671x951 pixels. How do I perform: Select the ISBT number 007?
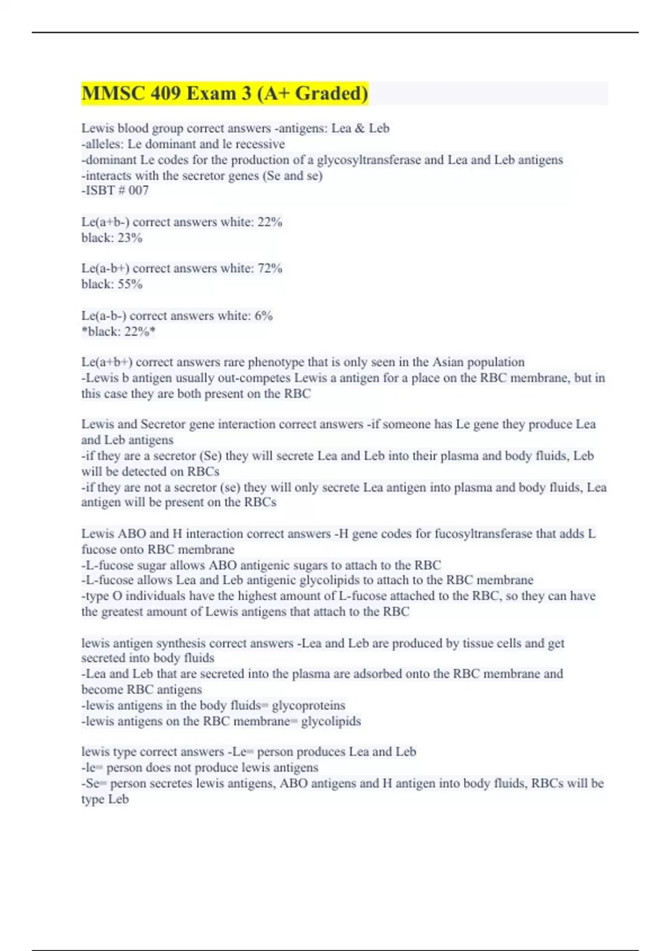click(x=139, y=191)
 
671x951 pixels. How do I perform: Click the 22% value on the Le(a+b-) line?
click(x=270, y=222)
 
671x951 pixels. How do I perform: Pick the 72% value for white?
click(x=270, y=269)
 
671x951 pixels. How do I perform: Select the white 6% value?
click(x=263, y=316)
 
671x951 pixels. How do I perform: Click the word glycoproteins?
click(x=308, y=705)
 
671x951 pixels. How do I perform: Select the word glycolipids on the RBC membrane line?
click(x=330, y=721)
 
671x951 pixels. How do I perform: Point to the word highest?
click(x=260, y=596)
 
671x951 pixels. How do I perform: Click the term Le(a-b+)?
click(x=105, y=269)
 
